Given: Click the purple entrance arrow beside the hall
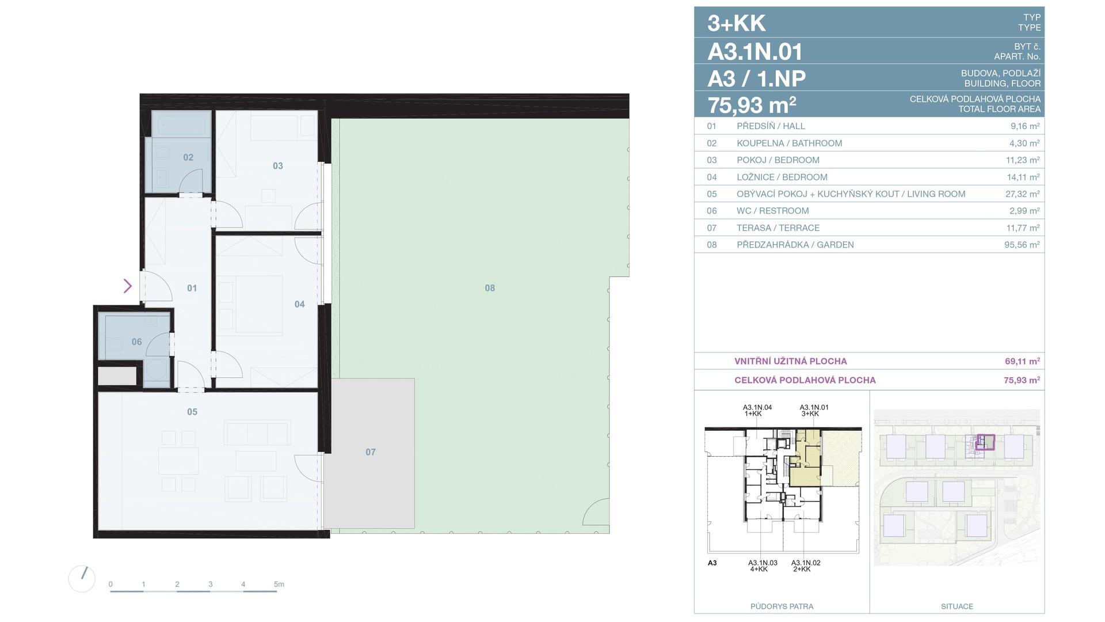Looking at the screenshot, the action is tap(128, 286).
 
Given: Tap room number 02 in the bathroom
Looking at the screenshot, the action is tap(188, 157).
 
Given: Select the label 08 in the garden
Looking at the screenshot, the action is tap(490, 288).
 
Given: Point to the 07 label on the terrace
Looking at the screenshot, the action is tap(371, 452).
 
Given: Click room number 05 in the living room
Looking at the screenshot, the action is tap(192, 412).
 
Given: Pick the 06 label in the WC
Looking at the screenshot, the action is tap(136, 342).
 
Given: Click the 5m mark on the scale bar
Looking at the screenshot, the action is tap(279, 584).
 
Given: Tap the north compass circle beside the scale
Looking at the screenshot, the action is tap(82, 579).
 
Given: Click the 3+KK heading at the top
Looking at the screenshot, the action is tap(737, 24).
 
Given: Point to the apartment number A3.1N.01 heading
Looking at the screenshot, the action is tap(755, 52).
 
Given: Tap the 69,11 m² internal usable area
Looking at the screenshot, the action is tap(1022, 362).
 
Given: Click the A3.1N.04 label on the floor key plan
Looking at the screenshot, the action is tap(757, 407).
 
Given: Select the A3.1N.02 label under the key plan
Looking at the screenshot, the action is tap(806, 563).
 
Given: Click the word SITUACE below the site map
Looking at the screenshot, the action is tap(957, 606).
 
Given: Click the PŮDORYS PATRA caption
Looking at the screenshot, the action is tap(782, 606).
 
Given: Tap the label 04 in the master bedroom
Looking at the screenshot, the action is tap(300, 304).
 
